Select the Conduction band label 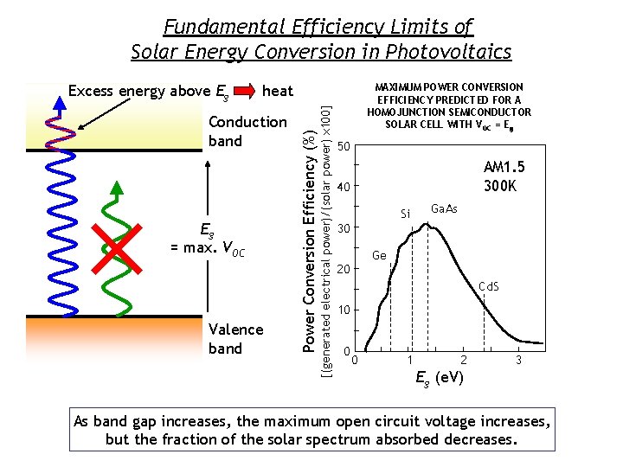pos(247,131)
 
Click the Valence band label pos(235,339)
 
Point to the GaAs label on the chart pos(444,209)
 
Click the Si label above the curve pos(405,214)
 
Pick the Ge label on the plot pos(379,256)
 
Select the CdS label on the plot pos(489,286)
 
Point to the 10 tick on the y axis pos(344,310)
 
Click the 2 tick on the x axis pos(464,359)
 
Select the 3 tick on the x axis pos(518,359)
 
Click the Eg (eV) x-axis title pos(439,379)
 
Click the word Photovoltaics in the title pos(451,52)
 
